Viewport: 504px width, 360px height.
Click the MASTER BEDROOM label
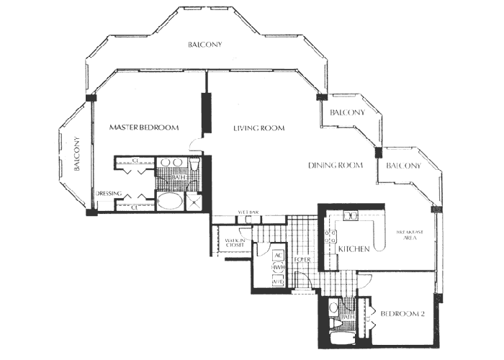coord(143,127)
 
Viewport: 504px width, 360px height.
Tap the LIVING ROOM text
coord(258,128)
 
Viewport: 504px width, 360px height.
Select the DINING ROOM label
coord(334,166)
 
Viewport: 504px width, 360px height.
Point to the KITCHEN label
coord(354,249)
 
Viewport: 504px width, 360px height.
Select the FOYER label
coord(302,258)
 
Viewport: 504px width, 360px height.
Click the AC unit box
coord(277,255)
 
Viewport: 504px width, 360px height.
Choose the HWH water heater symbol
coord(277,267)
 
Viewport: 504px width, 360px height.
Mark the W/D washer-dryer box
coord(277,280)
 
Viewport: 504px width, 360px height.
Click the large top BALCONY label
coord(204,45)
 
